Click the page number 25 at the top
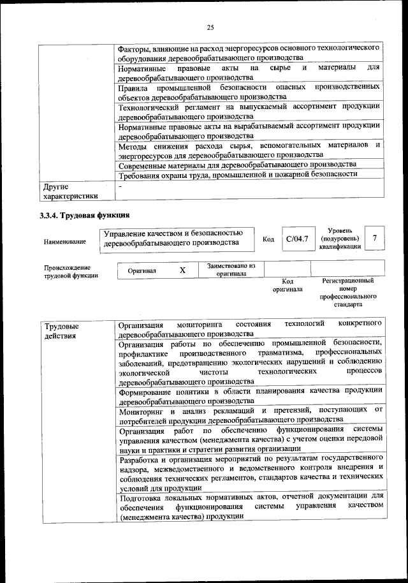[x=210, y=26]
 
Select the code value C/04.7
[x=297, y=239]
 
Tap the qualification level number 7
[x=375, y=238]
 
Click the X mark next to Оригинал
[x=182, y=270]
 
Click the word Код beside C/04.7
[x=268, y=240]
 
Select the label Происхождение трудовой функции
[x=67, y=272]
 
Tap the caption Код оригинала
[x=287, y=284]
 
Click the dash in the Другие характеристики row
[x=120, y=186]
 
